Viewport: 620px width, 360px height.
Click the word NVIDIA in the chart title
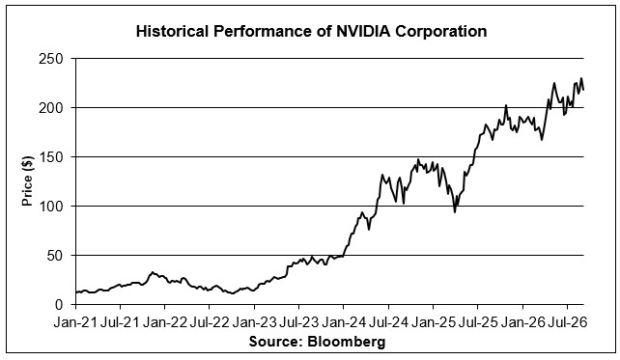pyautogui.click(x=363, y=31)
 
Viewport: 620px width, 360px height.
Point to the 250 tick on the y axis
pyautogui.click(x=51, y=59)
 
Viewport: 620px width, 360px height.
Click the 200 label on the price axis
pyautogui.click(x=51, y=108)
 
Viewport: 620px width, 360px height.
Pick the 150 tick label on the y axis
pyautogui.click(x=51, y=157)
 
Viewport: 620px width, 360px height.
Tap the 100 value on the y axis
pyautogui.click(x=51, y=207)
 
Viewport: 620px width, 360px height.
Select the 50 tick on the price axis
pyautogui.click(x=55, y=256)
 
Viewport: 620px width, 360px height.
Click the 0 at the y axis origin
pyautogui.click(x=59, y=305)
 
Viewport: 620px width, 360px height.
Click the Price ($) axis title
pyautogui.click(x=27, y=181)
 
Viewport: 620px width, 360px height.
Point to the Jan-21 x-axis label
pyautogui.click(x=75, y=322)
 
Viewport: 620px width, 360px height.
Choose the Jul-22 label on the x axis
pyautogui.click(x=210, y=322)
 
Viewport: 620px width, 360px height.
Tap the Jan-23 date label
pyautogui.click(x=254, y=322)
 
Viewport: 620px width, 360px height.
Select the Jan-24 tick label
pyautogui.click(x=344, y=322)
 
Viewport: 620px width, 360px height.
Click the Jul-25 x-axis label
pyautogui.click(x=478, y=322)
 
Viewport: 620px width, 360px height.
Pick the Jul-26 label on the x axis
pyautogui.click(x=568, y=322)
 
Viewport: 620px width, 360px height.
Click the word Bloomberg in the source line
pyautogui.click(x=346, y=341)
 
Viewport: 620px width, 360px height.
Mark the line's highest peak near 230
pyautogui.click(x=581, y=78)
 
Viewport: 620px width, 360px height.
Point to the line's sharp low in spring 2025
pyautogui.click(x=455, y=212)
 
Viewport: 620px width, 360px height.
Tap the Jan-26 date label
pyautogui.click(x=522, y=322)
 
